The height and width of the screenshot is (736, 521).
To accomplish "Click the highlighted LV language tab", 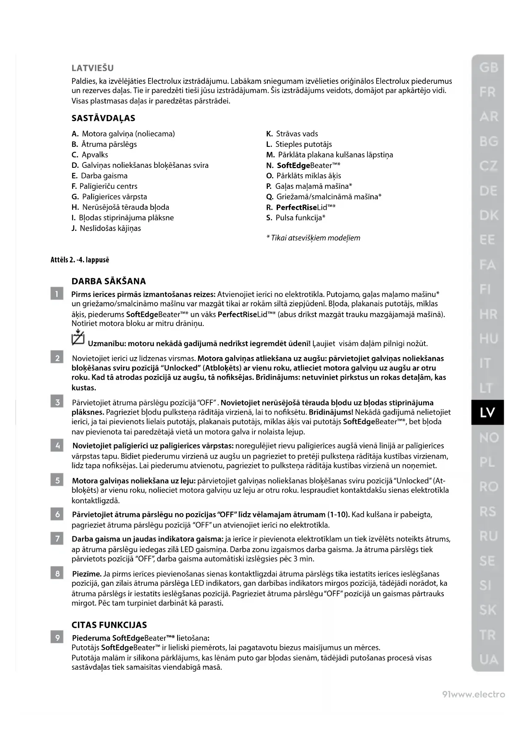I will point(487,412).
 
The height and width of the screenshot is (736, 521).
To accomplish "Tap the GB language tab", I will point(488,67).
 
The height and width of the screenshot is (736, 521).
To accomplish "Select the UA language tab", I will point(488,660).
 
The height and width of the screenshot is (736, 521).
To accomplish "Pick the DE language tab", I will point(488,191).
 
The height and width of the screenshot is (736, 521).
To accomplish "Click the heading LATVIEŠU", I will point(92,68).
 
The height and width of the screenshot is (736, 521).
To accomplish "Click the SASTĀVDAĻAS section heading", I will point(103,118).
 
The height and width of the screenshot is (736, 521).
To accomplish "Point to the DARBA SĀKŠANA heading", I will point(109,281).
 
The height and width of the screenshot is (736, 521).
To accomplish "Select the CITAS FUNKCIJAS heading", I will point(109,625).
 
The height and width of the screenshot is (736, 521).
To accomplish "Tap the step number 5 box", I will point(57,480).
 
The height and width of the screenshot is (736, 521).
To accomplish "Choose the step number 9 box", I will point(57,638).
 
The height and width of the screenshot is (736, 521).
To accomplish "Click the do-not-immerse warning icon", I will point(78,338).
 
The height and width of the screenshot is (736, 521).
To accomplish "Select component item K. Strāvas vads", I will point(292,134).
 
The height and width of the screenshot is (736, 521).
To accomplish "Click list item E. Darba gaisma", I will point(99,176).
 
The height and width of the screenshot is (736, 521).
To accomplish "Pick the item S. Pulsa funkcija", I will point(296,218).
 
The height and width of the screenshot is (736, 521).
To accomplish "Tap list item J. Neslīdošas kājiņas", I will point(106,228).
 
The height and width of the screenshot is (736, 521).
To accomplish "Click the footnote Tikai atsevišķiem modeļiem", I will point(313,238).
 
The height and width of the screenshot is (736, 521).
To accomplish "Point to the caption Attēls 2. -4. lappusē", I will point(80,260).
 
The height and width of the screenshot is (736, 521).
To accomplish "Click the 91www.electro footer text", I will point(474,694).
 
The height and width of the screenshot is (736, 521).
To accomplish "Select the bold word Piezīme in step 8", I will point(86,574).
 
